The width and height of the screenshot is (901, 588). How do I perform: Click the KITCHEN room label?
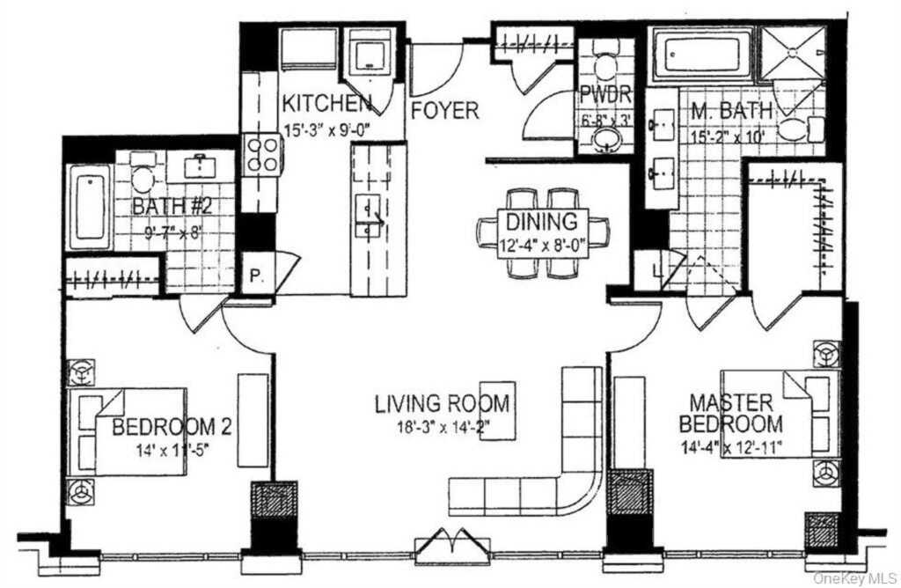pos(326,103)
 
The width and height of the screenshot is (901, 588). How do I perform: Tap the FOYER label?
pos(446,111)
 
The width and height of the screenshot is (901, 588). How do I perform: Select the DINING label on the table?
pos(542,222)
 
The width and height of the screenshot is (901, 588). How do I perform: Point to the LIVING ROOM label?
pos(442,404)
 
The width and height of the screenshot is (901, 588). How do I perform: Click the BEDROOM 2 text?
pos(172,428)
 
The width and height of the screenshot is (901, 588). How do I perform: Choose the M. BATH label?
pos(731,111)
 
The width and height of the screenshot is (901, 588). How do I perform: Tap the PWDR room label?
pos(601,96)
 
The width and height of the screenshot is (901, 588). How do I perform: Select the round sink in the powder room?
pos(603,139)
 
